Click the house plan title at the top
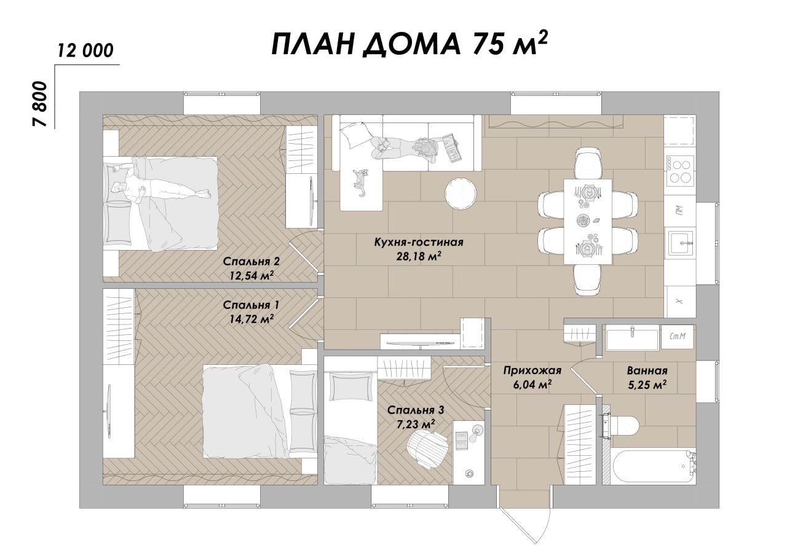pos(409,44)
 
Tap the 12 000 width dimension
pos(85,51)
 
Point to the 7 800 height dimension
pos(39,104)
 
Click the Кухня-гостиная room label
pos(419,242)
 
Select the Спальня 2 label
pos(251,262)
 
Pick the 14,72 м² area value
pos(251,319)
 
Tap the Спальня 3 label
pos(416,410)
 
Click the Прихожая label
pos(532,370)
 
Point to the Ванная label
pos(647,370)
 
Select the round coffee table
pos(461,193)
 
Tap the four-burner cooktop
pos(680,171)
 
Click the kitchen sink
pos(680,243)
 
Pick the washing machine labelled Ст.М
pos(678,337)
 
